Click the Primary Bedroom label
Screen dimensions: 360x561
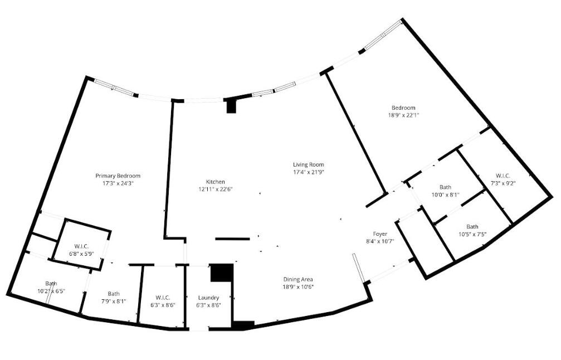tap(118, 176)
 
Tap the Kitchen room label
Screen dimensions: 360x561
tap(215, 182)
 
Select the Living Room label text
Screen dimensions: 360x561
tap(309, 164)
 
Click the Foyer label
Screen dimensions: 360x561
tap(380, 233)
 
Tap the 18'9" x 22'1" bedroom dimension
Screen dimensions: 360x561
tap(403, 115)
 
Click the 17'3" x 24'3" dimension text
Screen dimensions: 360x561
tap(118, 183)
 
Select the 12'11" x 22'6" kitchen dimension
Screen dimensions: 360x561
tap(215, 189)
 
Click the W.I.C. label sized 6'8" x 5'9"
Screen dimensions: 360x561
tap(81, 246)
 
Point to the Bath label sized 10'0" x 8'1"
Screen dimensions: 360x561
tap(445, 187)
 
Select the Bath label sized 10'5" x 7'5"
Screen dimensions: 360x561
tap(472, 227)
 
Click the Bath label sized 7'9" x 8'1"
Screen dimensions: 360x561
tap(114, 294)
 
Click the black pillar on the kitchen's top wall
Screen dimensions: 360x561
tap(231, 106)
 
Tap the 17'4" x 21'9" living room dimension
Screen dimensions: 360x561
tap(309, 172)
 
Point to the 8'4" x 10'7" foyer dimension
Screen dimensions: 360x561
tap(380, 241)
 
